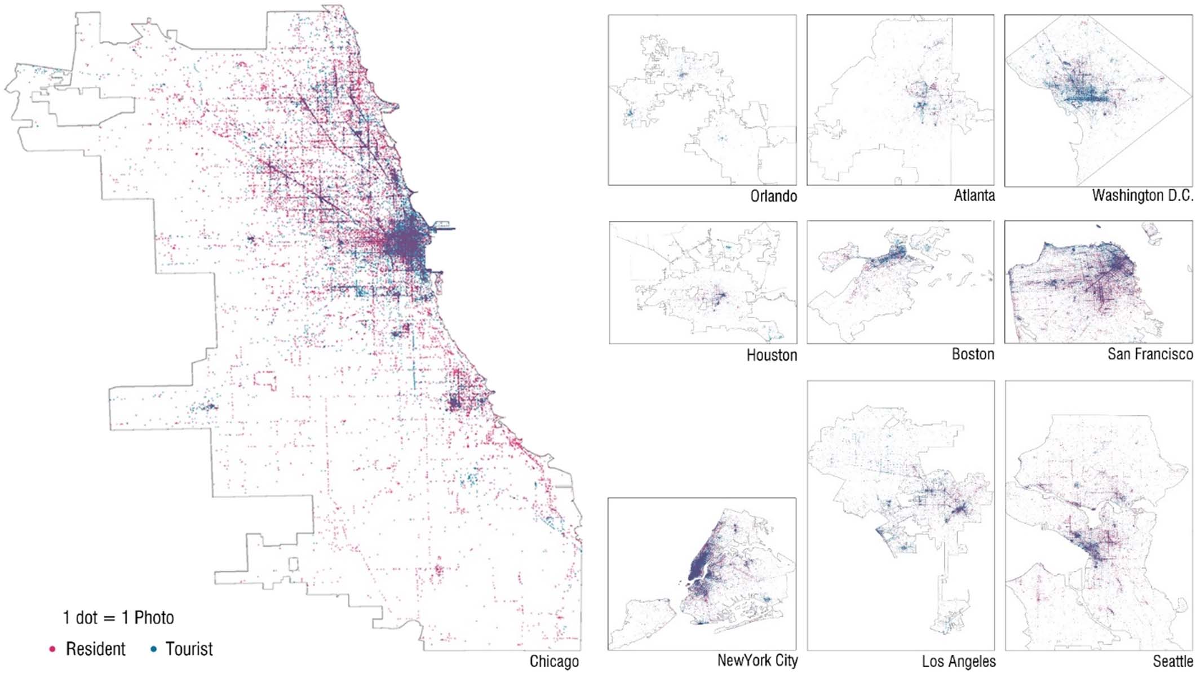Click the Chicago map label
[553, 661]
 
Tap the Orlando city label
[773, 196]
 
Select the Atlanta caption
[973, 196]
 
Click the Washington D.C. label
[1142, 196]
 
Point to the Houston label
[771, 355]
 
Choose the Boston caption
[972, 354]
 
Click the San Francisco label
[1149, 354]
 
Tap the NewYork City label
[757, 660]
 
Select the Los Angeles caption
[958, 661]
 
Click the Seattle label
[1172, 661]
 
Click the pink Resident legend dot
[52, 649]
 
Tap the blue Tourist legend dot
[153, 649]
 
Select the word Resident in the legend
[95, 649]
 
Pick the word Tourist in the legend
[189, 649]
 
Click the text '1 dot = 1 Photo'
[118, 618]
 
